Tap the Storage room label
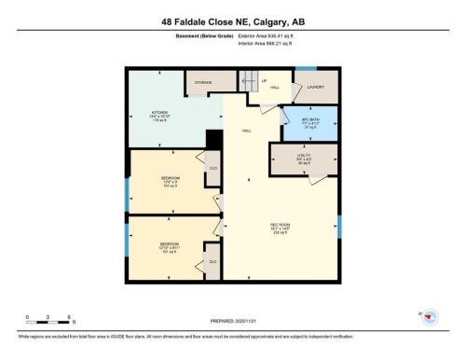(x=202, y=83)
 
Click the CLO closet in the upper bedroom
(x=213, y=169)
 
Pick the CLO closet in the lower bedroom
(x=212, y=264)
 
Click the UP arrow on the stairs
(x=264, y=81)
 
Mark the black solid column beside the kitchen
(x=213, y=138)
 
